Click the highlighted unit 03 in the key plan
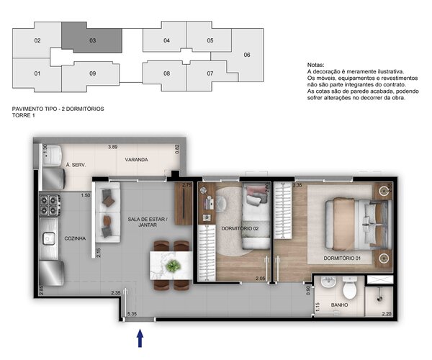[x=92, y=40]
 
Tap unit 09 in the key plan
[x=93, y=73]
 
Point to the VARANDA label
[x=136, y=159]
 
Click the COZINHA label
[x=75, y=238]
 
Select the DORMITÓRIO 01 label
[x=343, y=258]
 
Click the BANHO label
[x=338, y=305]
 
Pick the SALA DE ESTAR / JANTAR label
[x=148, y=222]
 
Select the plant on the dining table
[x=173, y=266]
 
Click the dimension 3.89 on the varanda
[x=112, y=147]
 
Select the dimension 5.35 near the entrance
[x=132, y=314]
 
